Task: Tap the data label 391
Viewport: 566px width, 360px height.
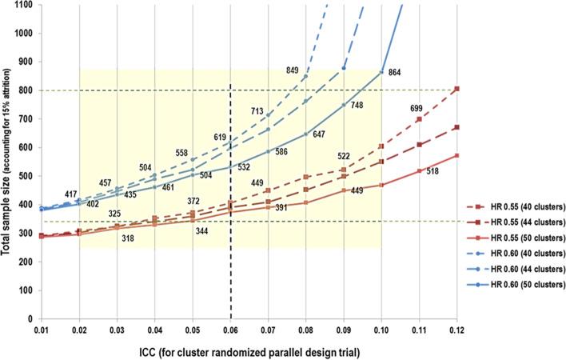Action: [281, 208]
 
